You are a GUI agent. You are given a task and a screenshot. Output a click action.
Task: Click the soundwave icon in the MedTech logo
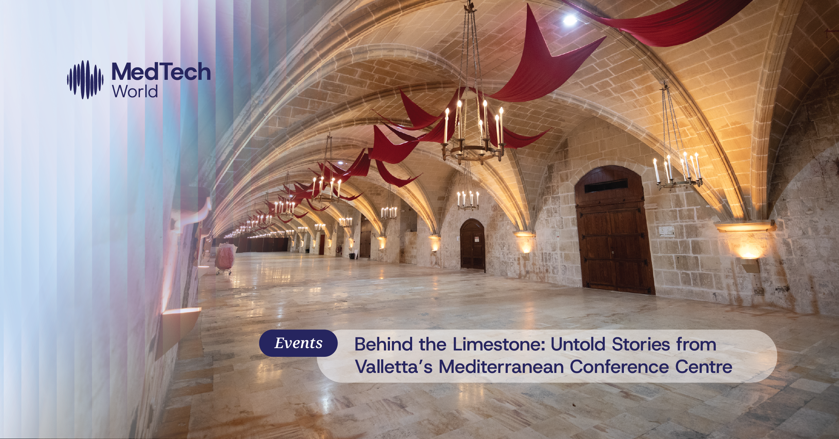[85, 80]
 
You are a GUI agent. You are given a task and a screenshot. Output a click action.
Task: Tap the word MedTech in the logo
[161, 71]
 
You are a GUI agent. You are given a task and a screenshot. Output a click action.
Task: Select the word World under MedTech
[135, 91]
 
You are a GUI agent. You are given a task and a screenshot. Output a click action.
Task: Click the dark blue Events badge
[298, 343]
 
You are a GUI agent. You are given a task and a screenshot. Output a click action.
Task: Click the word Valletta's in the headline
[394, 367]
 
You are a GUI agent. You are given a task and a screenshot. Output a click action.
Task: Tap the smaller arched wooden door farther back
[473, 245]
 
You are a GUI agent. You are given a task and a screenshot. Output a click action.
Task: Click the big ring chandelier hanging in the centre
[473, 134]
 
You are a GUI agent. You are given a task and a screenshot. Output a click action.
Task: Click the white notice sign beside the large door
[666, 231]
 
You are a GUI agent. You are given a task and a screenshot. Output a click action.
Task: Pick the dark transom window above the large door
[606, 186]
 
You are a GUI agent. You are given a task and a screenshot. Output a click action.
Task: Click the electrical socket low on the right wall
[758, 291]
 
